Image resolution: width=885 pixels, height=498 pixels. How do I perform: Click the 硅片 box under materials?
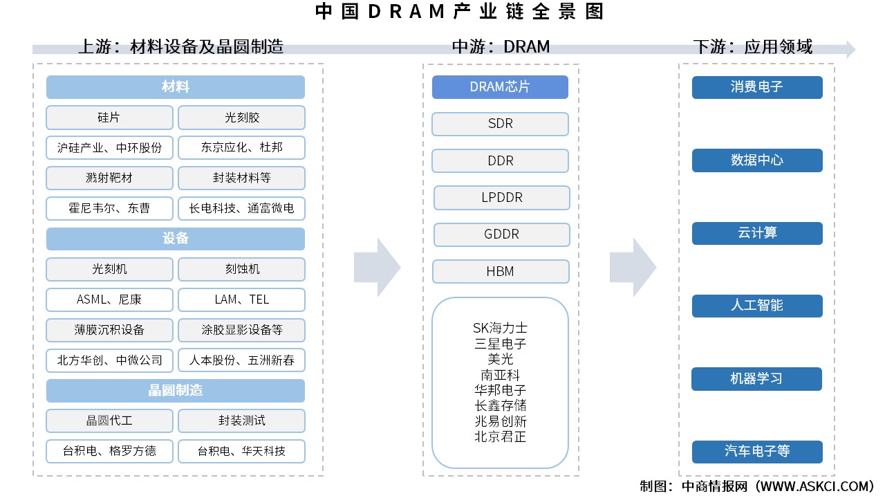click(x=109, y=118)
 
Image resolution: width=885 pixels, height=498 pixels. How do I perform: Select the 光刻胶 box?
click(x=241, y=118)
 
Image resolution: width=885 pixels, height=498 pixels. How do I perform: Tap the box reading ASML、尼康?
click(x=109, y=299)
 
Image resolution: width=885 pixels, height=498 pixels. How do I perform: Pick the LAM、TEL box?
click(x=241, y=299)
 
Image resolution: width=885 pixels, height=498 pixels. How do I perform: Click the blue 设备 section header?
click(x=176, y=239)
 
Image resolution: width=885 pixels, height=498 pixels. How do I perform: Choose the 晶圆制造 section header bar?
click(x=176, y=391)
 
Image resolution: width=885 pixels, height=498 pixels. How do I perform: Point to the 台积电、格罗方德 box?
click(x=109, y=451)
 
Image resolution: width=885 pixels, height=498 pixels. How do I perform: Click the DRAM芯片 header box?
click(x=500, y=87)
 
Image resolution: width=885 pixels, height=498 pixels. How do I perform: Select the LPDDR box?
click(x=501, y=198)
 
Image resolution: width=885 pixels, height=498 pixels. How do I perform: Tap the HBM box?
click(x=501, y=271)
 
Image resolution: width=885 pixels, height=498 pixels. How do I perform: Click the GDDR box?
click(x=501, y=234)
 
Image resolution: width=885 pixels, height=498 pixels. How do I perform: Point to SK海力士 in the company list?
click(x=500, y=328)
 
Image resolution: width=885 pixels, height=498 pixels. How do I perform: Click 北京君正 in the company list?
click(x=500, y=436)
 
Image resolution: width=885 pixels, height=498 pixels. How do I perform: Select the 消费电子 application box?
click(x=757, y=87)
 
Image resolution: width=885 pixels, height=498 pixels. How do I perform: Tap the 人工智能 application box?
click(x=757, y=306)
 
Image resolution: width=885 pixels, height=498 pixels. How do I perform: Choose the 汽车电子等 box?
click(x=757, y=452)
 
